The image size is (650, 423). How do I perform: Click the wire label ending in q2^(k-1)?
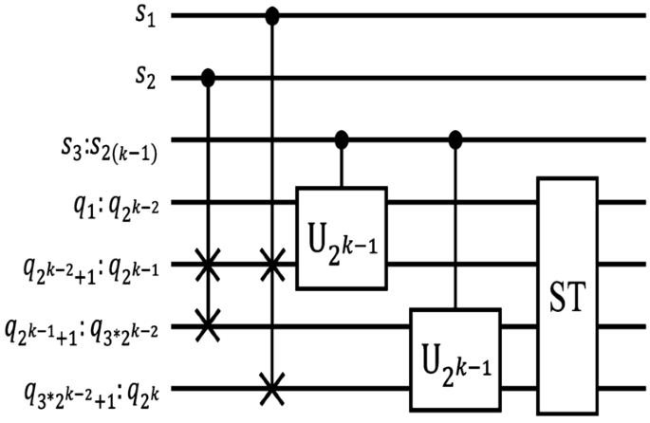(94, 265)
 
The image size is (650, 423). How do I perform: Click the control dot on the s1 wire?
(272, 16)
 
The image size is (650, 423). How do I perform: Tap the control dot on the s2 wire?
(209, 78)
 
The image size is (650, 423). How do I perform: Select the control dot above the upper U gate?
(342, 139)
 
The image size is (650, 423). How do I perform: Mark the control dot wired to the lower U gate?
(455, 139)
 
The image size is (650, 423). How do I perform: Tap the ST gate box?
(567, 295)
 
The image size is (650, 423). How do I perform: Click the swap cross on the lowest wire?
(272, 388)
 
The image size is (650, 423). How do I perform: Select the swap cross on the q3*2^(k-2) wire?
(209, 326)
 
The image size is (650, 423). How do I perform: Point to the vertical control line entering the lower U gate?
(455, 228)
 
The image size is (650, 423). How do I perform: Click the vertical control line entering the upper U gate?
(342, 165)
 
